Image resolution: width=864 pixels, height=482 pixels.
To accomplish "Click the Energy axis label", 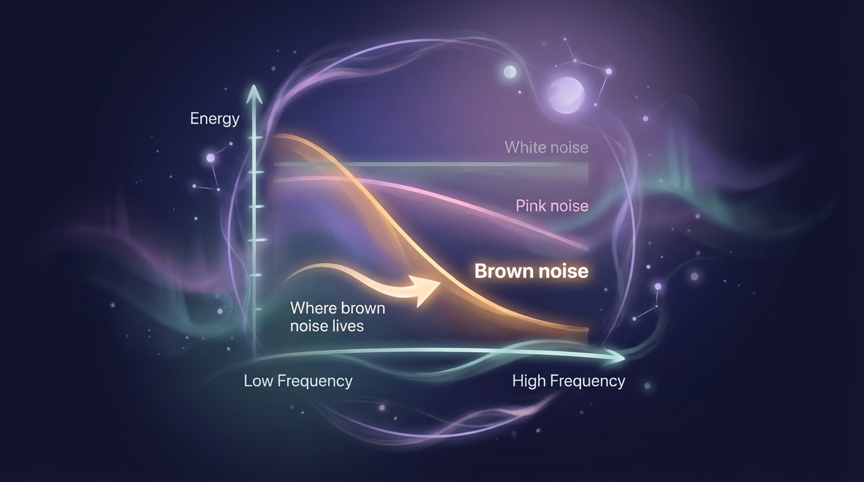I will (215, 119).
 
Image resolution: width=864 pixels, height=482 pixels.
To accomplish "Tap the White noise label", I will (546, 147).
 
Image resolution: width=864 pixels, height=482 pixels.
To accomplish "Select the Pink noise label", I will (552, 206).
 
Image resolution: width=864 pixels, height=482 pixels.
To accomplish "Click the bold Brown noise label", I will (531, 271).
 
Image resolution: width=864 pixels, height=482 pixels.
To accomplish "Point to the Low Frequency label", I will (298, 381).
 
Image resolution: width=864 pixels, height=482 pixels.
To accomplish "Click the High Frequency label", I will (568, 381).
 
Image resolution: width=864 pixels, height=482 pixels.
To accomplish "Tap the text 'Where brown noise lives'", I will (337, 317).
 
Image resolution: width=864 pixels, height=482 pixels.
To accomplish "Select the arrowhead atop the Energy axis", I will (254, 94).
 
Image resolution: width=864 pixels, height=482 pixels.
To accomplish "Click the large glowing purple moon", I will (566, 95).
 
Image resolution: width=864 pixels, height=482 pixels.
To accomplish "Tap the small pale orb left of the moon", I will (510, 72).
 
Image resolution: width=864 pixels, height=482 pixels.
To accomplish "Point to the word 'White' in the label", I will (524, 147).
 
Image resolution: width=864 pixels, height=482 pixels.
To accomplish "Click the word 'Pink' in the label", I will (530, 206).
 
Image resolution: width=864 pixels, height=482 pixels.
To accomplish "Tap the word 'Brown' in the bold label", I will (501, 271).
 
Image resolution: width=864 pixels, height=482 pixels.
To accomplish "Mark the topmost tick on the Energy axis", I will (255, 137).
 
